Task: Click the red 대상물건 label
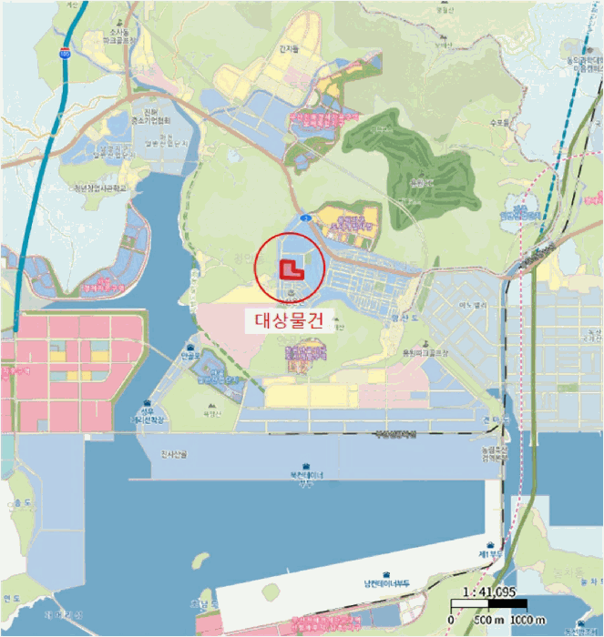pyautogui.click(x=287, y=319)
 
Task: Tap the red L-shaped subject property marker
pyautogui.click(x=289, y=268)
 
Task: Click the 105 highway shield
pyautogui.click(x=64, y=55)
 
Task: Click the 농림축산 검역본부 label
pyautogui.click(x=496, y=453)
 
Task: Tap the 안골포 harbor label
pyautogui.click(x=190, y=358)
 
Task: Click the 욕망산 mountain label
pyautogui.click(x=210, y=411)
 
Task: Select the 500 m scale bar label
pyautogui.click(x=484, y=620)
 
